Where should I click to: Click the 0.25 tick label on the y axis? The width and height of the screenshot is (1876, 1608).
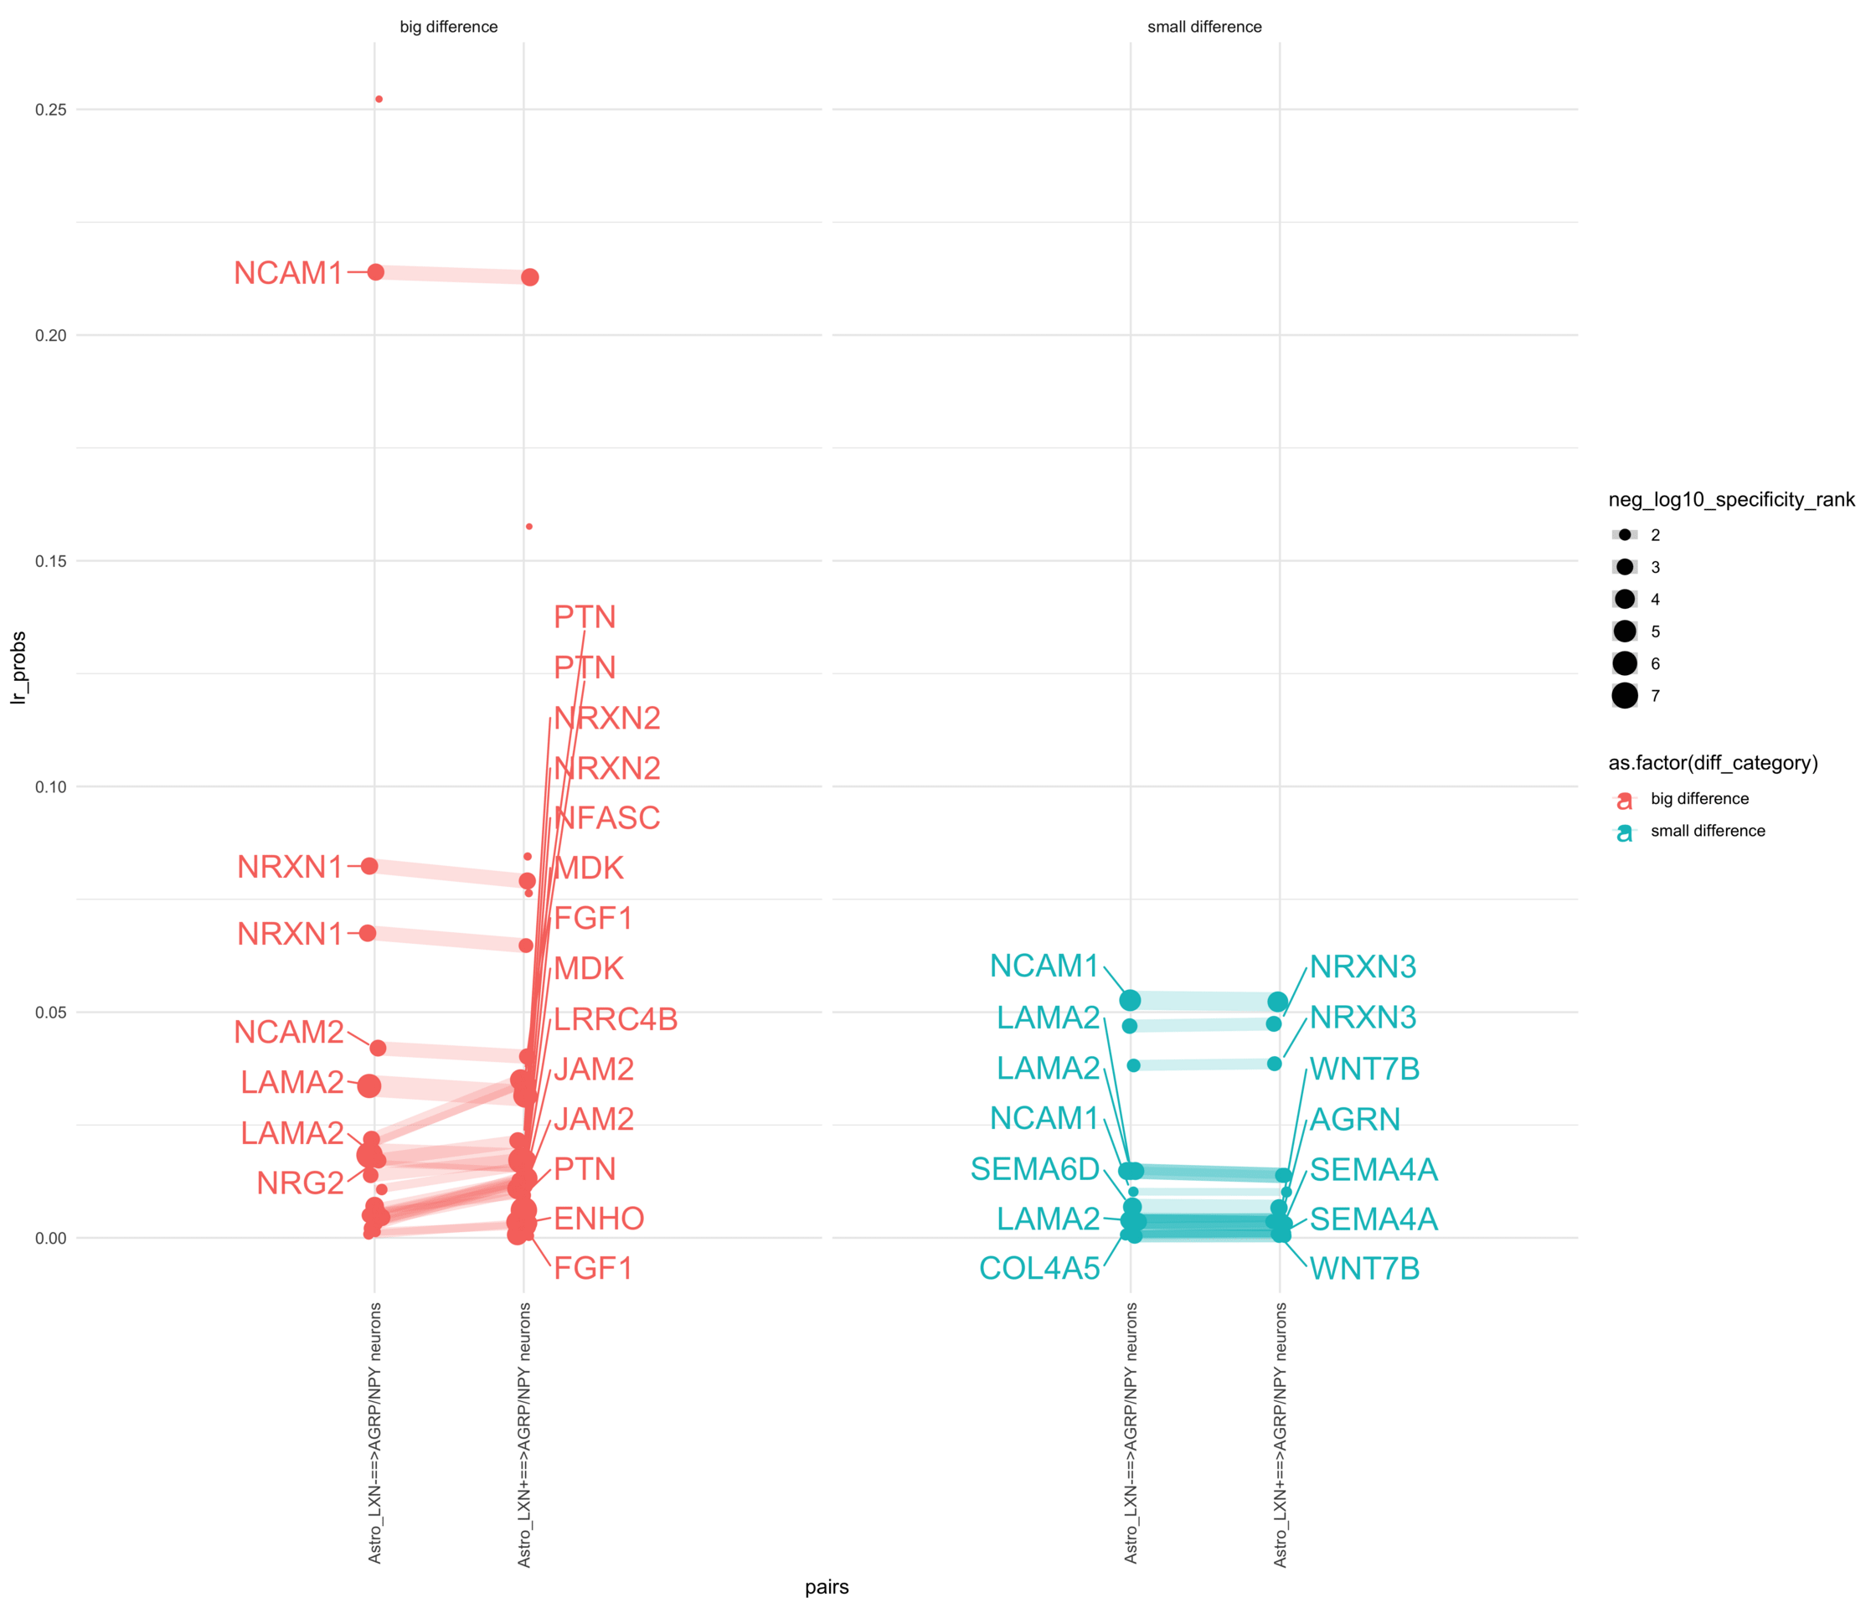[x=51, y=110]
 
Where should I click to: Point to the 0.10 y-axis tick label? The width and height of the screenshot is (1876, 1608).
[x=51, y=786]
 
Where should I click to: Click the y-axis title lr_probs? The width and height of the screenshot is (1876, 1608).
[x=19, y=668]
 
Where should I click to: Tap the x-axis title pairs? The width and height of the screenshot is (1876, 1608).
[x=827, y=1585]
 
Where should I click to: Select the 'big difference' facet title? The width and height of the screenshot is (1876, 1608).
[x=448, y=27]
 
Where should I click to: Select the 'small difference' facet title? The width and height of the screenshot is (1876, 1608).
[x=1204, y=27]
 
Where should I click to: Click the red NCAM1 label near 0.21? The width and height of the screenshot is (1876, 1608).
[x=288, y=272]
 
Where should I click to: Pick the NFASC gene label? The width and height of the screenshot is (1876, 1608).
[x=606, y=817]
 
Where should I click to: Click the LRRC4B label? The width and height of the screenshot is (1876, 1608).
[x=615, y=1018]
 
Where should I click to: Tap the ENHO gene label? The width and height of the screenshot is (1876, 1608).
[x=599, y=1218]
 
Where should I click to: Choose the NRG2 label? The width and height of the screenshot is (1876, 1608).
[x=300, y=1183]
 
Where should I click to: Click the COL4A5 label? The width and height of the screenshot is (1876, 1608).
[x=1038, y=1268]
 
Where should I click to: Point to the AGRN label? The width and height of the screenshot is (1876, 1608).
[x=1354, y=1119]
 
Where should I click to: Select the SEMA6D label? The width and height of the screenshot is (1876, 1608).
[x=1034, y=1169]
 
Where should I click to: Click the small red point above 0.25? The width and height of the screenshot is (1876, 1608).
[x=379, y=99]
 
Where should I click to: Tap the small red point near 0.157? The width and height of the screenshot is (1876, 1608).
[x=528, y=526]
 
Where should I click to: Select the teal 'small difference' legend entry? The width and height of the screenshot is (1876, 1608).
[x=1707, y=831]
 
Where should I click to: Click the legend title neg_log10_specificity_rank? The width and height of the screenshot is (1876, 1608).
[x=1730, y=500]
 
